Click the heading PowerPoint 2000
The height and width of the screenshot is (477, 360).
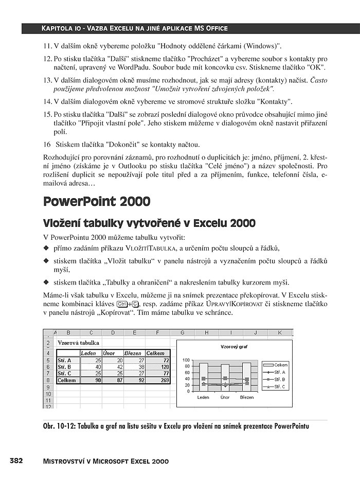[x=97, y=201]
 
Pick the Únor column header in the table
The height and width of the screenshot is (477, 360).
[x=109, y=354]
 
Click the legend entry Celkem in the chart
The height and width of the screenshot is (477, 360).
[x=280, y=364]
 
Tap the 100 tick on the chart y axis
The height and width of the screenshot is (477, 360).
[x=186, y=360]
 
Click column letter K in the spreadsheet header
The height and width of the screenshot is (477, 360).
[x=280, y=332]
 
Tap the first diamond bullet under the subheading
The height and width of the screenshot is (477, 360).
[x=45, y=249]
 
